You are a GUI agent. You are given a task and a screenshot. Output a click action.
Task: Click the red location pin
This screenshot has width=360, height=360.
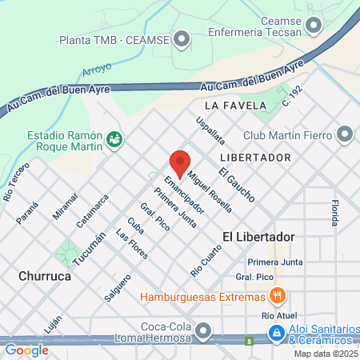tap(180, 162)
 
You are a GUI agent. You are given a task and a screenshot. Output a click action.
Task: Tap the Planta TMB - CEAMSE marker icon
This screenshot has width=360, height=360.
tap(183, 38)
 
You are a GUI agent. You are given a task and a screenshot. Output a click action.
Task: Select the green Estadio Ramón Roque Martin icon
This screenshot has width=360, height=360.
tap(114, 139)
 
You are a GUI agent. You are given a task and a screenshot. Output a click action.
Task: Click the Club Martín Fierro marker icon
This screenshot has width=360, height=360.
tap(346, 134)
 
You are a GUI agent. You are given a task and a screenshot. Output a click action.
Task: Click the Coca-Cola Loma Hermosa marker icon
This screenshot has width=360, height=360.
tap(206, 330)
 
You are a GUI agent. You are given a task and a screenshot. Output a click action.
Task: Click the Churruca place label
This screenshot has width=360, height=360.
tap(45, 276)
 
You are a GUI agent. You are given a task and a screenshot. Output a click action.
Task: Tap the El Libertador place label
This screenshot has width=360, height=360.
tap(259, 237)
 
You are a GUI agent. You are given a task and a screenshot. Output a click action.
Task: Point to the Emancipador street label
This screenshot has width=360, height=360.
tap(179, 195)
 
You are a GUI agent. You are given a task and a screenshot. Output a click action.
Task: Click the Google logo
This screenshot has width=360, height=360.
tap(26, 350)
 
